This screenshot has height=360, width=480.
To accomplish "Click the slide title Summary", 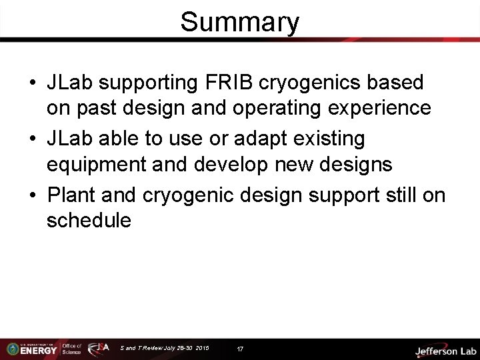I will point(240,21).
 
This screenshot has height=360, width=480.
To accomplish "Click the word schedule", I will point(89,221).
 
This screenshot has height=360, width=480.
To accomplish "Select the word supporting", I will point(138,83).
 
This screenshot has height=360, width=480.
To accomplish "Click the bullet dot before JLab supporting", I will point(33,83).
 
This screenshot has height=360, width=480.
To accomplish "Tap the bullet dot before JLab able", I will point(33,140).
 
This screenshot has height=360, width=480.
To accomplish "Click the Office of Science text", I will point(72,349).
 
